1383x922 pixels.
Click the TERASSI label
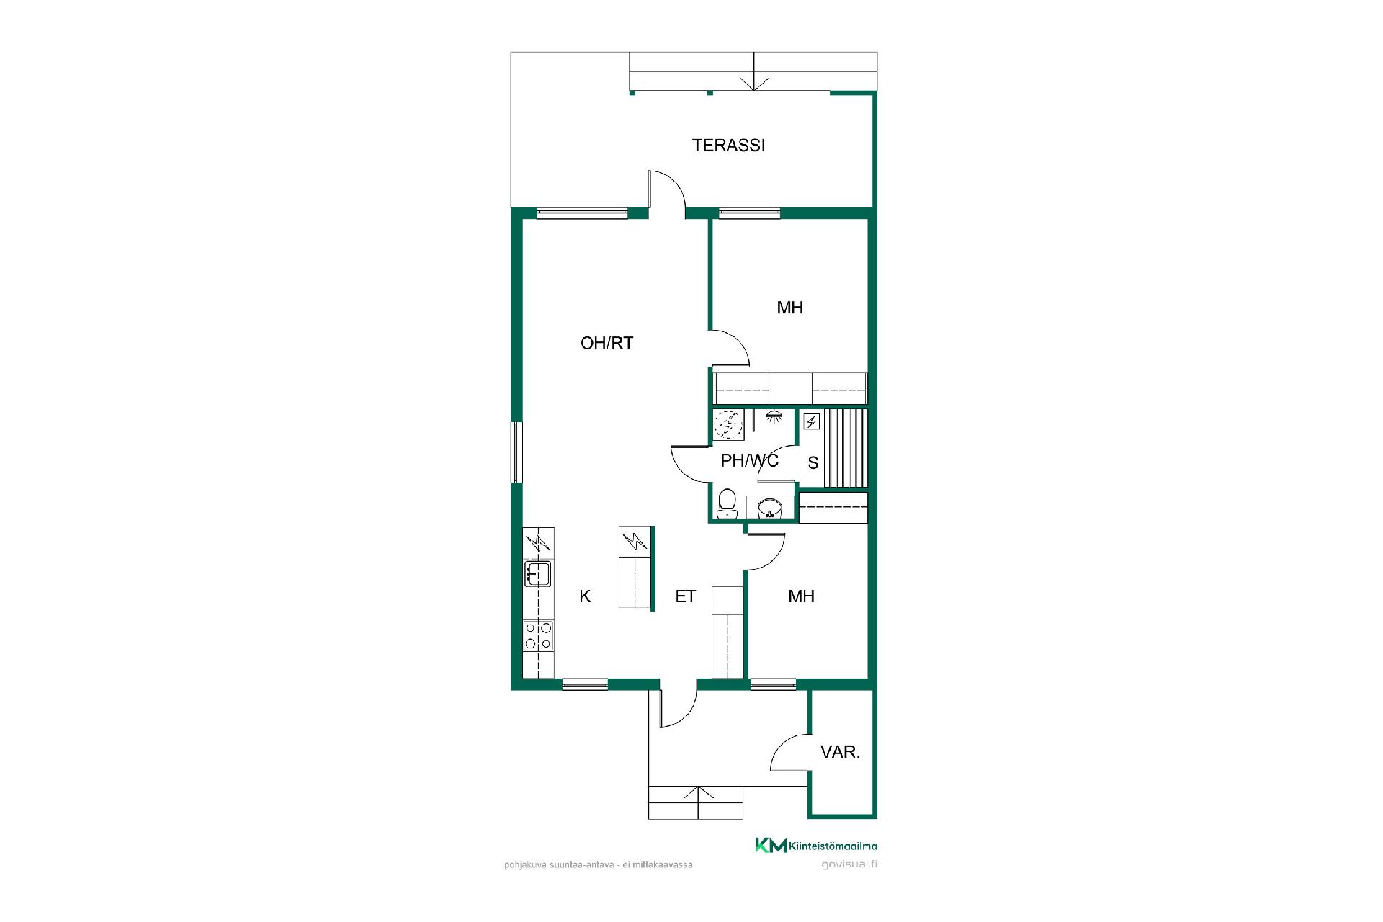pos(728,146)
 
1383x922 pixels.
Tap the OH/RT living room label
pos(607,343)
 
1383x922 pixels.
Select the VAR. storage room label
pos(840,753)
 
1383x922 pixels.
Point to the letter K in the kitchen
pos(585,596)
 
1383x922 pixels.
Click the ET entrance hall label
pos(685,596)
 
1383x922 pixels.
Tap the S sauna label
pos(813,463)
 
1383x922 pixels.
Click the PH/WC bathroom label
pos(749,461)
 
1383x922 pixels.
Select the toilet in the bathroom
pos(727,503)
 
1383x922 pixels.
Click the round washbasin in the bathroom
pos(770,508)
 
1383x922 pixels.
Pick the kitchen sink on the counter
pos(539,574)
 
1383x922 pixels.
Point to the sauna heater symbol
pos(812,421)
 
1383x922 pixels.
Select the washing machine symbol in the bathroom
pos(728,425)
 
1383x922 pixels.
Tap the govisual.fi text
pos(849,864)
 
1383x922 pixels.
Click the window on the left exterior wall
pos(516,452)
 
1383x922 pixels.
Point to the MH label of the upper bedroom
pos(789,308)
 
